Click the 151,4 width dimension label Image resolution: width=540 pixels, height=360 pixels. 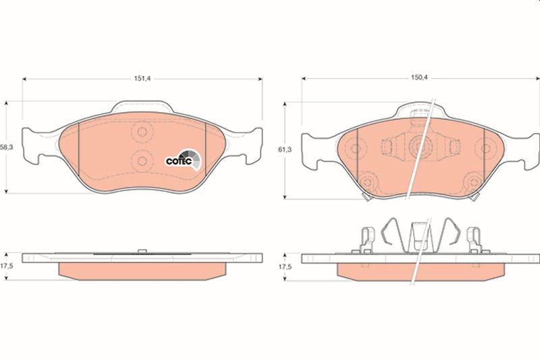pyautogui.click(x=142, y=78)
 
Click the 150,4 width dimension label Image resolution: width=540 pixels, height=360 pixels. pyautogui.click(x=418, y=78)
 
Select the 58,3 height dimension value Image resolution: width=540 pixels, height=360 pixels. pyautogui.click(x=7, y=147)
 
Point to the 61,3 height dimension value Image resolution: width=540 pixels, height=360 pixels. pyautogui.click(x=285, y=149)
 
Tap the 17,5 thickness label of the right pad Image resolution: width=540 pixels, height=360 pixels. pyautogui.click(x=285, y=267)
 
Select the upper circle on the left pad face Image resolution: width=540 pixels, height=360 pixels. pyautogui.click(x=142, y=131)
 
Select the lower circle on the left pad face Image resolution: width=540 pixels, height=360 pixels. pyautogui.click(x=142, y=161)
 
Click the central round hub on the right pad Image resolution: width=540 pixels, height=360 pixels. pyautogui.click(x=418, y=147)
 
